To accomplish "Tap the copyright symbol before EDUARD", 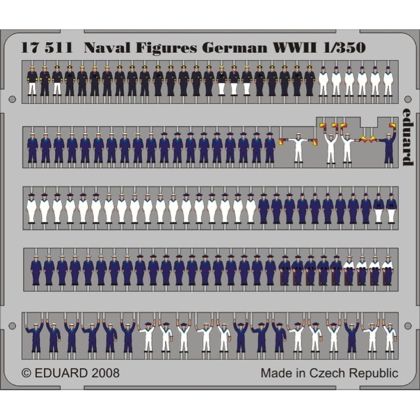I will [26, 373].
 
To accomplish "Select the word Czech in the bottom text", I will [325, 373].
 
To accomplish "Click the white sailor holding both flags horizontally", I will [298, 147].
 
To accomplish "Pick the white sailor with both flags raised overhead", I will [331, 145].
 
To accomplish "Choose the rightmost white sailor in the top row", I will [388, 82].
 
